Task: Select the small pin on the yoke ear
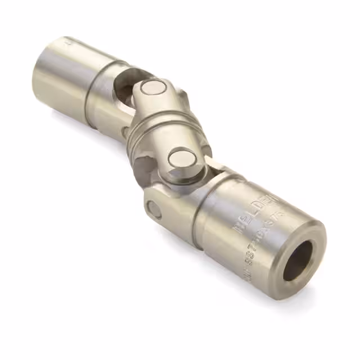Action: (154, 209)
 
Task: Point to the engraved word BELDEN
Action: (260, 211)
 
